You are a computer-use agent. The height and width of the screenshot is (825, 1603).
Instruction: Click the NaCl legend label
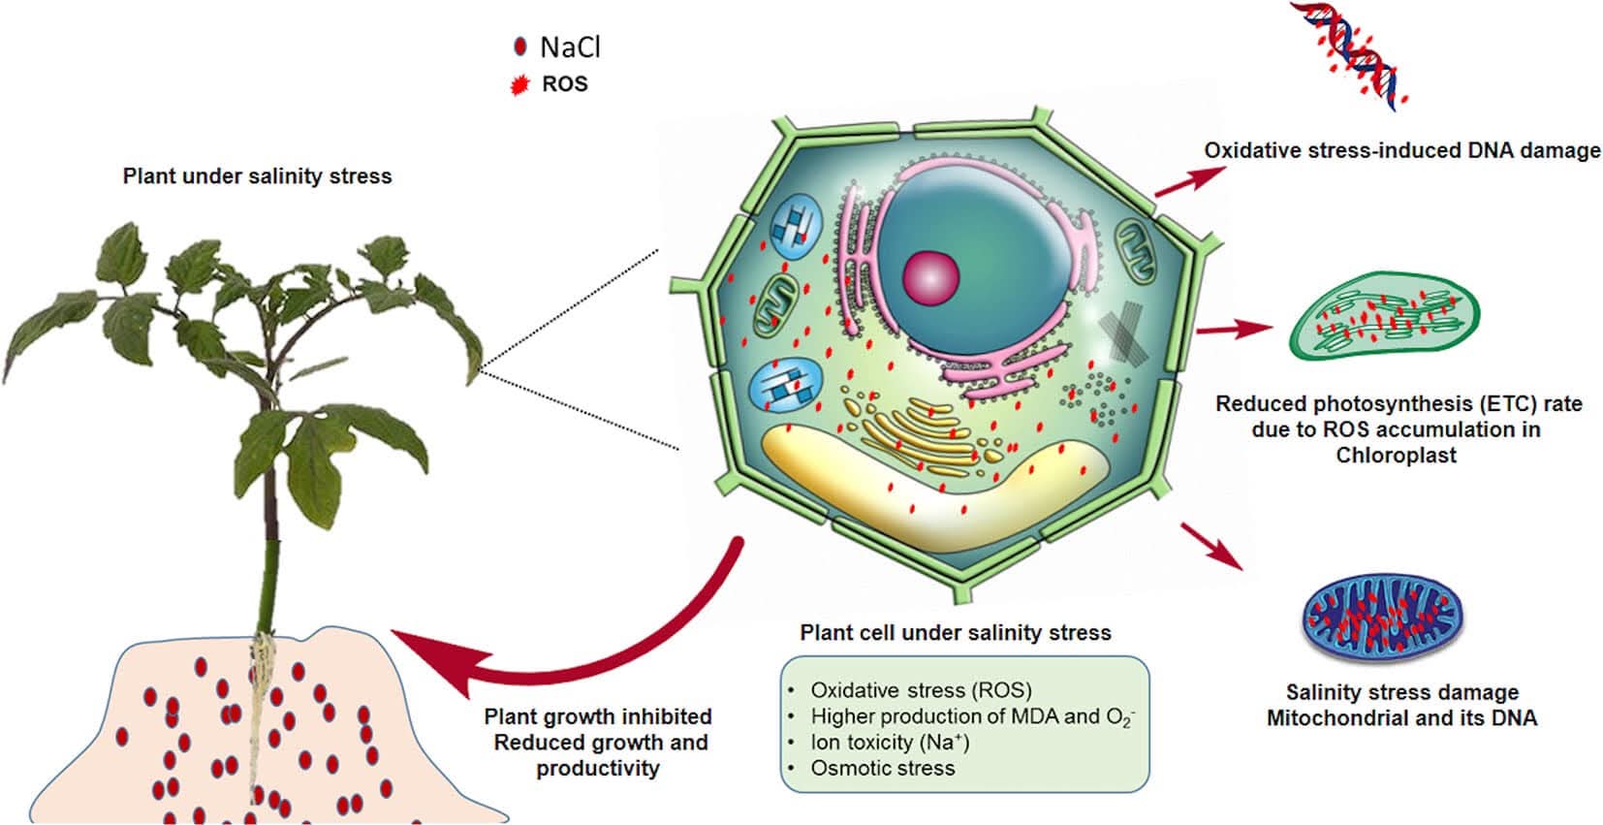pyautogui.click(x=570, y=48)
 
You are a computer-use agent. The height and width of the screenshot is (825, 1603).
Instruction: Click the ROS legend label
pyautogui.click(x=565, y=83)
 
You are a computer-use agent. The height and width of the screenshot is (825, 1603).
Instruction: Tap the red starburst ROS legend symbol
pyautogui.click(x=519, y=85)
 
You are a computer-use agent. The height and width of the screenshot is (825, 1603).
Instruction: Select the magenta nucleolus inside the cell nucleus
pyautogui.click(x=930, y=278)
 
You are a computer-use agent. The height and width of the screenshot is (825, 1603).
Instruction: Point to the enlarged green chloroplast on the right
pyautogui.click(x=1384, y=315)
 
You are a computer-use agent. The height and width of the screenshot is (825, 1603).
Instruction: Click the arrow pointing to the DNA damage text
pyautogui.click(x=1190, y=180)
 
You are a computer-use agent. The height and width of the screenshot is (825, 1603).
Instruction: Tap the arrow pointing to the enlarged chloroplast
pyautogui.click(x=1235, y=330)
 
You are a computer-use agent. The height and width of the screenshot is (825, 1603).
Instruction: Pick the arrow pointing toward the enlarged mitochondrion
pyautogui.click(x=1212, y=546)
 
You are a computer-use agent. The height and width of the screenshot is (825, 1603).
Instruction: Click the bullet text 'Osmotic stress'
pyautogui.click(x=882, y=768)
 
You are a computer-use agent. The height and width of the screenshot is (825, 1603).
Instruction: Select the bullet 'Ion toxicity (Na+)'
pyautogui.click(x=890, y=742)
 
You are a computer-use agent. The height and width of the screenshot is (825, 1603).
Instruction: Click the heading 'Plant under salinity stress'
pyautogui.click(x=257, y=176)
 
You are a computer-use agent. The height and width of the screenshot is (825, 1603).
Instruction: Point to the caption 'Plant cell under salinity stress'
pyautogui.click(x=956, y=632)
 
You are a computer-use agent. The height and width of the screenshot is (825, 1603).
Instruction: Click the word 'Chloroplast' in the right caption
pyautogui.click(x=1396, y=455)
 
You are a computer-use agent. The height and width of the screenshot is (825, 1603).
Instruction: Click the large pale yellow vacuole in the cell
pyautogui.click(x=930, y=487)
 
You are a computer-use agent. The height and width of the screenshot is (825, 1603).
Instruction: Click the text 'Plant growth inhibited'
pyautogui.click(x=598, y=716)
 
